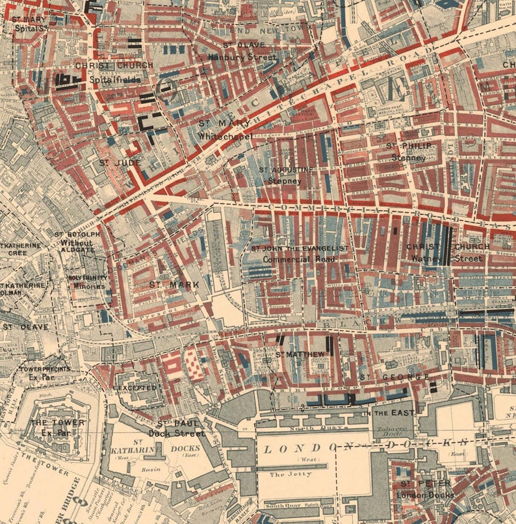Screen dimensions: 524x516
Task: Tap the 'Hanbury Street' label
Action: (x=242, y=57)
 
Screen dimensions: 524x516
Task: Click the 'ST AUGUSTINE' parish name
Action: (x=287, y=170)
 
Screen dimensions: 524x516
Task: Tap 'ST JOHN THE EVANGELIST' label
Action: (x=300, y=248)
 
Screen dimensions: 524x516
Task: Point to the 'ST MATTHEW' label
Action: (x=300, y=354)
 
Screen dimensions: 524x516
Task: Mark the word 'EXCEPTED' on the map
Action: (x=136, y=387)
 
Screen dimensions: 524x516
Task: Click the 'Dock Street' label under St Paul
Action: (x=175, y=433)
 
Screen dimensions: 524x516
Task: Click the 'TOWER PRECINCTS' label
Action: (x=44, y=369)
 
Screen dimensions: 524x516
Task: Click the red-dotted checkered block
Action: (x=194, y=363)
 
